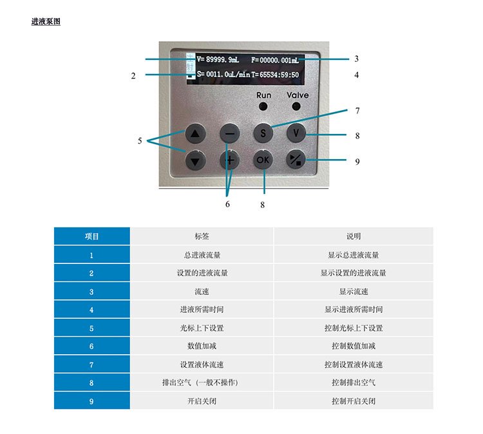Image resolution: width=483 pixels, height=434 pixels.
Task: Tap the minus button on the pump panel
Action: click(x=230, y=133)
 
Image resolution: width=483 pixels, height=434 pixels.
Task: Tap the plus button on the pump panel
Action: click(x=230, y=160)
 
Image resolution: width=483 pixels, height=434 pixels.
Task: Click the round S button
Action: click(x=263, y=133)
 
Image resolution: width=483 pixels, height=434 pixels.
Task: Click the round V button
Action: click(x=296, y=133)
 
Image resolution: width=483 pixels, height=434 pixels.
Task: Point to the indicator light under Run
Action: click(x=263, y=107)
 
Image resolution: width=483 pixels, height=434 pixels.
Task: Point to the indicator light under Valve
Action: click(x=296, y=107)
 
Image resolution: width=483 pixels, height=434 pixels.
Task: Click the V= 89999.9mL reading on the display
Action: click(x=218, y=59)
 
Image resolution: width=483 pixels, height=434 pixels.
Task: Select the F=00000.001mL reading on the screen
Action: click(x=275, y=60)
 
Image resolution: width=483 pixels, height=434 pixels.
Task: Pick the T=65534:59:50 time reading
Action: click(x=275, y=75)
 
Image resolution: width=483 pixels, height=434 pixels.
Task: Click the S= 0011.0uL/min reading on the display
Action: click(x=223, y=74)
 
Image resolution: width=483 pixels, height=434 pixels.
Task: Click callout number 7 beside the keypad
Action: click(x=357, y=111)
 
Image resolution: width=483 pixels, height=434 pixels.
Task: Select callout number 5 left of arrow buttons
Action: click(x=140, y=141)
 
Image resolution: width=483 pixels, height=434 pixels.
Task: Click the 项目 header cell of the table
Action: click(x=92, y=236)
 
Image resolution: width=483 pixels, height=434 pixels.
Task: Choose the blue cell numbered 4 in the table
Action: click(x=92, y=310)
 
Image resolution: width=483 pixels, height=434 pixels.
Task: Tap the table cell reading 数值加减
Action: click(x=202, y=346)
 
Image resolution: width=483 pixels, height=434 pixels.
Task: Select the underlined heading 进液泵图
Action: click(x=46, y=21)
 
